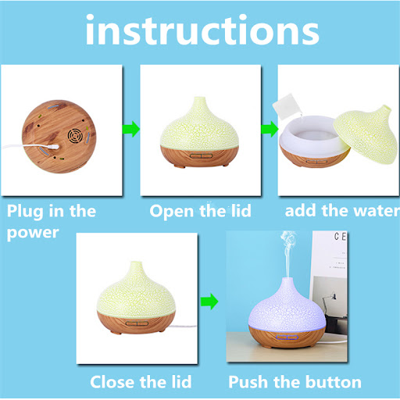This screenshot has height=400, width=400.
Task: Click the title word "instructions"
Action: (202, 30)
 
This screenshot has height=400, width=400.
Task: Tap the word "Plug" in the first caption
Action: (25, 212)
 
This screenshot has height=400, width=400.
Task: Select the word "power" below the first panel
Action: (33, 233)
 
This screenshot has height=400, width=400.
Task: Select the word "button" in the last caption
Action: (334, 382)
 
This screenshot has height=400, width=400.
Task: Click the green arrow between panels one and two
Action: (131, 129)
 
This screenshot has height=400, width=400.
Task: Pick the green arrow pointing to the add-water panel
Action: (270, 129)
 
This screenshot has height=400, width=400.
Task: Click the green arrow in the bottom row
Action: (209, 302)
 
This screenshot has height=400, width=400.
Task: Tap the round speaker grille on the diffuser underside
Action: (75, 136)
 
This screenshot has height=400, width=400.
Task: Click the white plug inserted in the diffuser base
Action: (53, 147)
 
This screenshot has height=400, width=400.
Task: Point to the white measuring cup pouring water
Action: (285, 106)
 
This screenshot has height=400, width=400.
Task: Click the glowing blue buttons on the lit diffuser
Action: (287, 337)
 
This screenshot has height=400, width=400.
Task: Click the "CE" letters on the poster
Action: (340, 237)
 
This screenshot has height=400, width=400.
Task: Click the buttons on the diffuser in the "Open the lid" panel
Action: (201, 156)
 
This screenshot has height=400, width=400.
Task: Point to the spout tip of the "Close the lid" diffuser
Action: (136, 263)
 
